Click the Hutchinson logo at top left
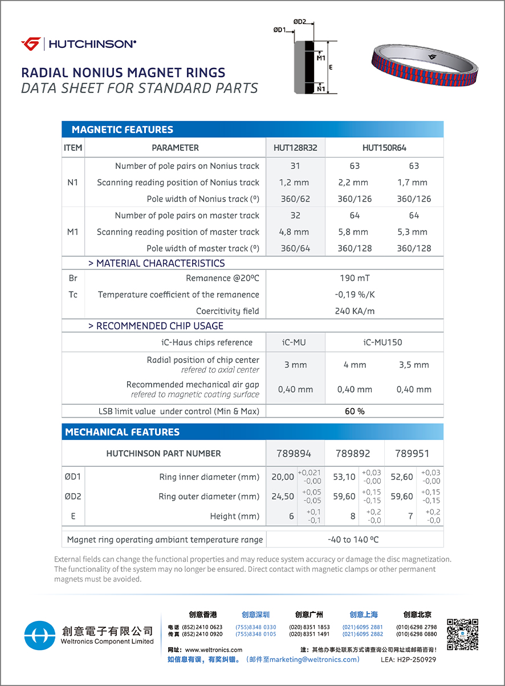pyautogui.click(x=79, y=44)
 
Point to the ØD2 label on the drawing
pyautogui.click(x=300, y=22)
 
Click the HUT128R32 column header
pyautogui.click(x=295, y=148)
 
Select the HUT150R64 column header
pyautogui.click(x=384, y=148)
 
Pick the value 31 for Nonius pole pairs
pyautogui.click(x=295, y=166)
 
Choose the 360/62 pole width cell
pyautogui.click(x=295, y=199)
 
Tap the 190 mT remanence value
pyautogui.click(x=355, y=279)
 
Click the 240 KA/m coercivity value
pyautogui.click(x=355, y=312)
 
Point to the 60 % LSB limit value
pyautogui.click(x=355, y=411)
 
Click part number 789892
pyautogui.click(x=353, y=454)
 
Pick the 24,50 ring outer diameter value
pyautogui.click(x=283, y=497)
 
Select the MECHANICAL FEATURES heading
pyautogui.click(x=123, y=432)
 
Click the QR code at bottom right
pyautogui.click(x=462, y=634)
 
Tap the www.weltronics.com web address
pyautogui.click(x=213, y=650)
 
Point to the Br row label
pyautogui.click(x=73, y=279)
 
